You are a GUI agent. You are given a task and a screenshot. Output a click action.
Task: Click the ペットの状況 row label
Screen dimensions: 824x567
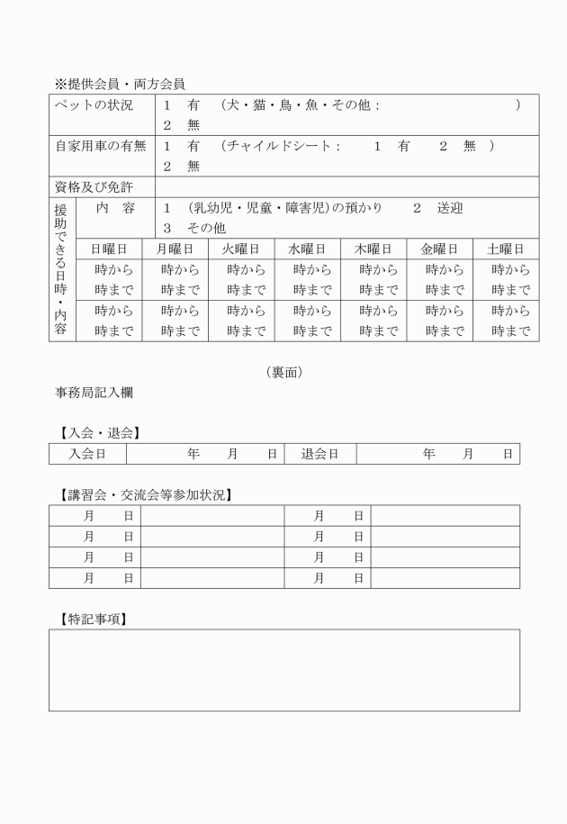click(x=94, y=105)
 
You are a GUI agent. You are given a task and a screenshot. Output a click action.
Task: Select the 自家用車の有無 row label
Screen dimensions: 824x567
click(x=102, y=146)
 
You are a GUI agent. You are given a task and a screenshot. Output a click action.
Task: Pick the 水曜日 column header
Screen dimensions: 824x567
click(x=307, y=249)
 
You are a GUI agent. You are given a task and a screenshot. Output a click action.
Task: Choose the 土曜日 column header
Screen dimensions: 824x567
click(x=506, y=249)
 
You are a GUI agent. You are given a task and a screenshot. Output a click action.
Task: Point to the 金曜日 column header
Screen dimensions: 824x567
click(x=439, y=249)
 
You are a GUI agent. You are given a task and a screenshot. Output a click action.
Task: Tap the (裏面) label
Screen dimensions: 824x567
click(x=283, y=371)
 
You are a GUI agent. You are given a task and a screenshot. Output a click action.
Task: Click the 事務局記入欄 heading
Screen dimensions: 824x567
click(x=94, y=394)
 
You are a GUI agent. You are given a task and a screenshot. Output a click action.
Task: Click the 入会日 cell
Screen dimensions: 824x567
click(x=87, y=454)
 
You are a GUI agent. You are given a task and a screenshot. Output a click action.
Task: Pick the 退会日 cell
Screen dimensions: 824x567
click(x=319, y=454)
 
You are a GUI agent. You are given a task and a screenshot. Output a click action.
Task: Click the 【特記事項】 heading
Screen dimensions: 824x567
click(x=91, y=619)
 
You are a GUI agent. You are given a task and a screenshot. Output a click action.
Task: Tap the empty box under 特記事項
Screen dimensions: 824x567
click(x=283, y=670)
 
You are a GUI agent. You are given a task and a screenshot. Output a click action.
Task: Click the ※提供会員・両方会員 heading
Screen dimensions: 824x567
click(x=120, y=84)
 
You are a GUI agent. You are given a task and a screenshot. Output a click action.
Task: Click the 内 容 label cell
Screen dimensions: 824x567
click(x=115, y=208)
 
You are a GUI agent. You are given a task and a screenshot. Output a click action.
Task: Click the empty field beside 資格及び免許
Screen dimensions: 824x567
click(x=347, y=187)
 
